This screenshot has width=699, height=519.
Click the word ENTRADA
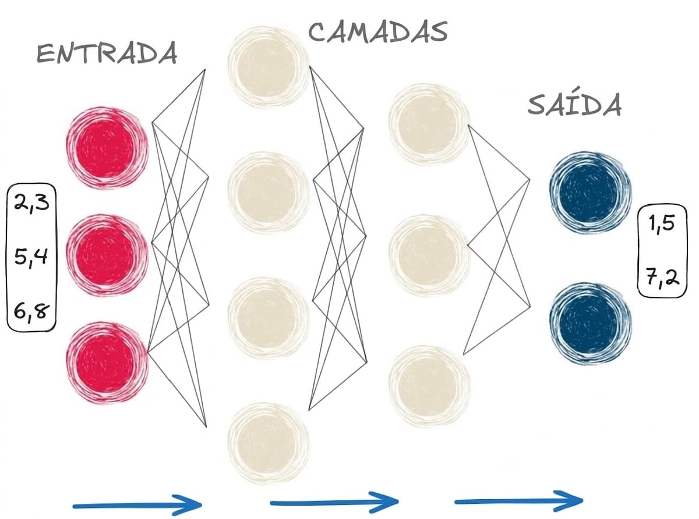107,54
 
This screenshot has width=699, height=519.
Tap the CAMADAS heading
378,33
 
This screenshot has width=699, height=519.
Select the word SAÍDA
574,104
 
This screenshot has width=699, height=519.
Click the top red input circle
107,148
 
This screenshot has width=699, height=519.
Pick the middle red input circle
107,255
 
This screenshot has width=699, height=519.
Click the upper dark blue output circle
590,193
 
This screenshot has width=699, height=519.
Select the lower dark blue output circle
590,324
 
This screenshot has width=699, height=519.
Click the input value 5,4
31,257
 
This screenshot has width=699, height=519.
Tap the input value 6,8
31,311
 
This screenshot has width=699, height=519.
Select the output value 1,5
662,224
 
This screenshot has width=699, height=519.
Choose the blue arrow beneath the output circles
519,501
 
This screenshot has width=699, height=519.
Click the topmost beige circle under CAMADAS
268,67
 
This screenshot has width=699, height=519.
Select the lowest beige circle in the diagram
268,443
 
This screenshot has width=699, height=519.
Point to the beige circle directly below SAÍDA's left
429,124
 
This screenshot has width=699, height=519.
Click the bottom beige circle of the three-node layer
429,386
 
